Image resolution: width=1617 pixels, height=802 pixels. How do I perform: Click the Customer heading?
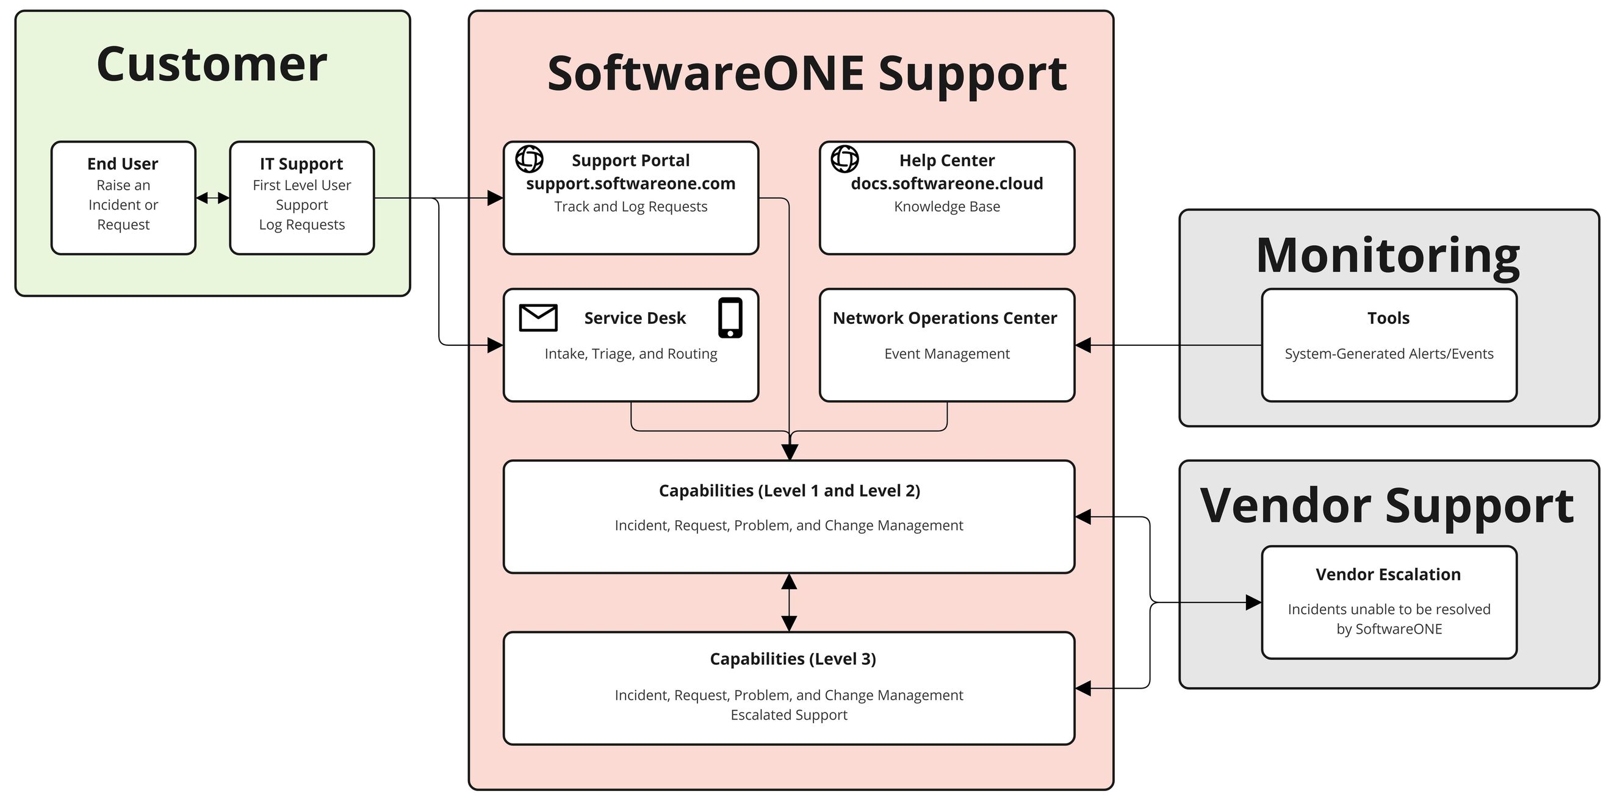click(x=212, y=65)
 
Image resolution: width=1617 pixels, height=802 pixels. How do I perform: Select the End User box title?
click(x=123, y=164)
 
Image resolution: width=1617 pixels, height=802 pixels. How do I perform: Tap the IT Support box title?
click(x=301, y=164)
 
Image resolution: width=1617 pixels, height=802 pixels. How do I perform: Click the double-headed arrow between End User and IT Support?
click(x=213, y=198)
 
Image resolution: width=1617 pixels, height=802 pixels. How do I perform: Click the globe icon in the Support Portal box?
click(x=529, y=159)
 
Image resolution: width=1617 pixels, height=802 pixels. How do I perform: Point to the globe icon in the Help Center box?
click(x=845, y=159)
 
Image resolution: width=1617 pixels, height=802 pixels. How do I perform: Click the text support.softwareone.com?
click(x=630, y=183)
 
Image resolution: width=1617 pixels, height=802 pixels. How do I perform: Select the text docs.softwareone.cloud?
click(x=946, y=183)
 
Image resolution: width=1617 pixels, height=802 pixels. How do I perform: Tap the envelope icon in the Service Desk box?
click(x=538, y=318)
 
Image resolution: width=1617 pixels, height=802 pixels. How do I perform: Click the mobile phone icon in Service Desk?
click(x=730, y=318)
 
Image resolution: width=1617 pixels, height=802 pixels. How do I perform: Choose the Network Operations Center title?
click(x=945, y=318)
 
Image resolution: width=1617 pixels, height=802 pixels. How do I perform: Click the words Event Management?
click(x=946, y=354)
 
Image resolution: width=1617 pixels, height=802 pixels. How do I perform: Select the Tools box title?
click(x=1389, y=318)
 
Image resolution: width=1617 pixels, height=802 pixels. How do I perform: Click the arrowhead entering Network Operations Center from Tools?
click(x=1083, y=345)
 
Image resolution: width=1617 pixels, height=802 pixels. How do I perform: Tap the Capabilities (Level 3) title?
click(x=792, y=659)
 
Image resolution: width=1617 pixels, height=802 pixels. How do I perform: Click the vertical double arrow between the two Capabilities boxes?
click(x=789, y=603)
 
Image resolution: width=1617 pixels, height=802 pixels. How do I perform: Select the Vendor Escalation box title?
click(x=1388, y=574)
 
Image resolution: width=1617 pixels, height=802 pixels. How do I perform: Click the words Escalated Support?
click(x=788, y=715)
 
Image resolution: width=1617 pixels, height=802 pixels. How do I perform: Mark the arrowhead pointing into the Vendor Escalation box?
click(x=1253, y=603)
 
